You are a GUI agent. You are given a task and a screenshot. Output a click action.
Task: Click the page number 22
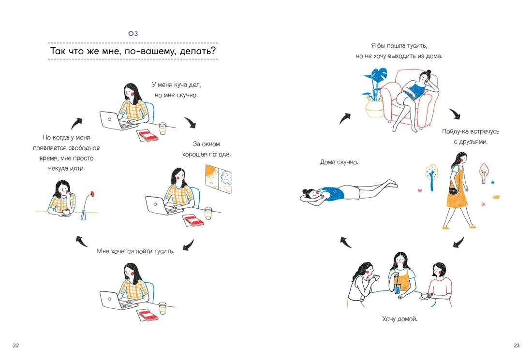tap(16, 346)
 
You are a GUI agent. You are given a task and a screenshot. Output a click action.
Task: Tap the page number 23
tap(517, 346)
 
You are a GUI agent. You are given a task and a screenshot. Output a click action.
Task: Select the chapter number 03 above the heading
tap(133, 33)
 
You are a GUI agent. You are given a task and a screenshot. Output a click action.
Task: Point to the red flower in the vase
tap(92, 194)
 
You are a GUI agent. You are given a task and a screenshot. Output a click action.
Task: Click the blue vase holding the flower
tap(84, 215)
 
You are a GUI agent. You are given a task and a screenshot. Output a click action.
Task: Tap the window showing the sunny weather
tap(218, 179)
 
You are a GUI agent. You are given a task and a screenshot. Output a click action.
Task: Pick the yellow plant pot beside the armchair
tap(374, 108)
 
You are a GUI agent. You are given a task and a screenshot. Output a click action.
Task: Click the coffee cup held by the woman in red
tap(425, 296)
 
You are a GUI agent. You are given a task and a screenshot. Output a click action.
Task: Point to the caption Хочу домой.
tap(399, 318)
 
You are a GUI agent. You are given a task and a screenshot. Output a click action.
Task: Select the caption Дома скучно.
tap(339, 162)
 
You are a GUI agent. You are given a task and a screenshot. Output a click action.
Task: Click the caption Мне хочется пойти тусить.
tap(136, 251)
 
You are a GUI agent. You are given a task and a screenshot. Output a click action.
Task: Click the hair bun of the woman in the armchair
tap(429, 72)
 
